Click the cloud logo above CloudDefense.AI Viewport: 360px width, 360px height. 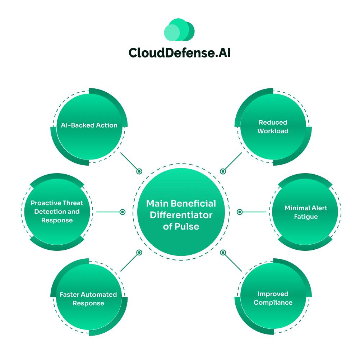179,29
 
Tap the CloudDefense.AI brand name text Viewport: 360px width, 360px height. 179,53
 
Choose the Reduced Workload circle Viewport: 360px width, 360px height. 273,126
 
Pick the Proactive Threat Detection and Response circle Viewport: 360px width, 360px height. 57,212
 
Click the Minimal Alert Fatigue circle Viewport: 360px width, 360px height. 306,212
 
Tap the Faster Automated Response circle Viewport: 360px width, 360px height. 88,299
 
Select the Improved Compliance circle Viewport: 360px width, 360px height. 273,298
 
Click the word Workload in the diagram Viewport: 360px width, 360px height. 273,131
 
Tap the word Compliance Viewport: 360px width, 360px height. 273,303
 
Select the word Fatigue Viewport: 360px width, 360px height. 306,217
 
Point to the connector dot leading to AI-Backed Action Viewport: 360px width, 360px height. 139,172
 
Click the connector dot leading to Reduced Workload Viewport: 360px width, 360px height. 223,172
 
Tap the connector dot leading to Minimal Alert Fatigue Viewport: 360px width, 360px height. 240,212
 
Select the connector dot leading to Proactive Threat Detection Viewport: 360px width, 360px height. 123,212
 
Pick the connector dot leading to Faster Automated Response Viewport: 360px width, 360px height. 139,253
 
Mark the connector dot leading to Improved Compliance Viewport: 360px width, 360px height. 223,253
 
